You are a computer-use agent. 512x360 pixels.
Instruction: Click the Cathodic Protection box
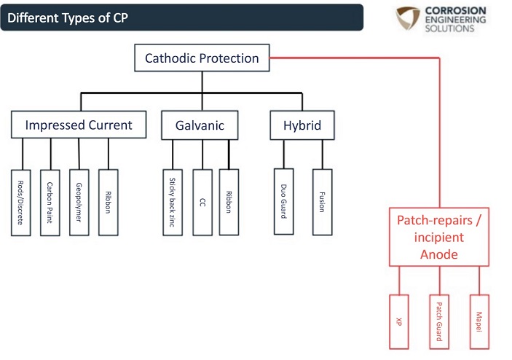point(202,58)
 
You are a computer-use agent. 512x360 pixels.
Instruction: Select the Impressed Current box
point(79,125)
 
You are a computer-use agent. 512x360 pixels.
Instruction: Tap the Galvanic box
point(200,125)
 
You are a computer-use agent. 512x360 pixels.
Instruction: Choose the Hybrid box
point(302,125)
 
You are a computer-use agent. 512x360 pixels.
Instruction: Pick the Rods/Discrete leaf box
point(21,192)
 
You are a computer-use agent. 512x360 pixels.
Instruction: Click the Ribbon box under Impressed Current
point(108,192)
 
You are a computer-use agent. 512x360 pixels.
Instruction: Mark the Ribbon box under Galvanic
point(229,192)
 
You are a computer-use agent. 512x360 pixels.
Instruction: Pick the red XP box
point(399,321)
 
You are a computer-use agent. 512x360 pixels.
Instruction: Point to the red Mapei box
point(479,321)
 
